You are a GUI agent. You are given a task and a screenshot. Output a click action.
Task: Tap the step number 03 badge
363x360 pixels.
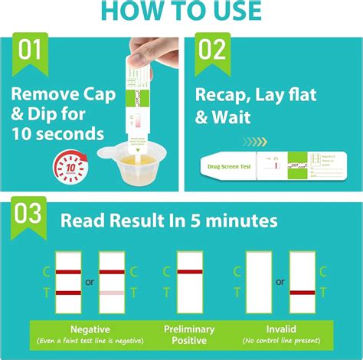point(28,213)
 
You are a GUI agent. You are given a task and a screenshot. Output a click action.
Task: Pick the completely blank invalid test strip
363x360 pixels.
point(259,282)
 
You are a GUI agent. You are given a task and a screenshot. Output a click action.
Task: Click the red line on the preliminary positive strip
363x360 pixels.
point(189,271)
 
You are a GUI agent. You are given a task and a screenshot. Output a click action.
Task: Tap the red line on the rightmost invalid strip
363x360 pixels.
point(302,292)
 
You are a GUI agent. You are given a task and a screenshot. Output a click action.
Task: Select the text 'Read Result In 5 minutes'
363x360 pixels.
point(169,221)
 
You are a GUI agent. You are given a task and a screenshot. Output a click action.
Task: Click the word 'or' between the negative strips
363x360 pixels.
point(90,282)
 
